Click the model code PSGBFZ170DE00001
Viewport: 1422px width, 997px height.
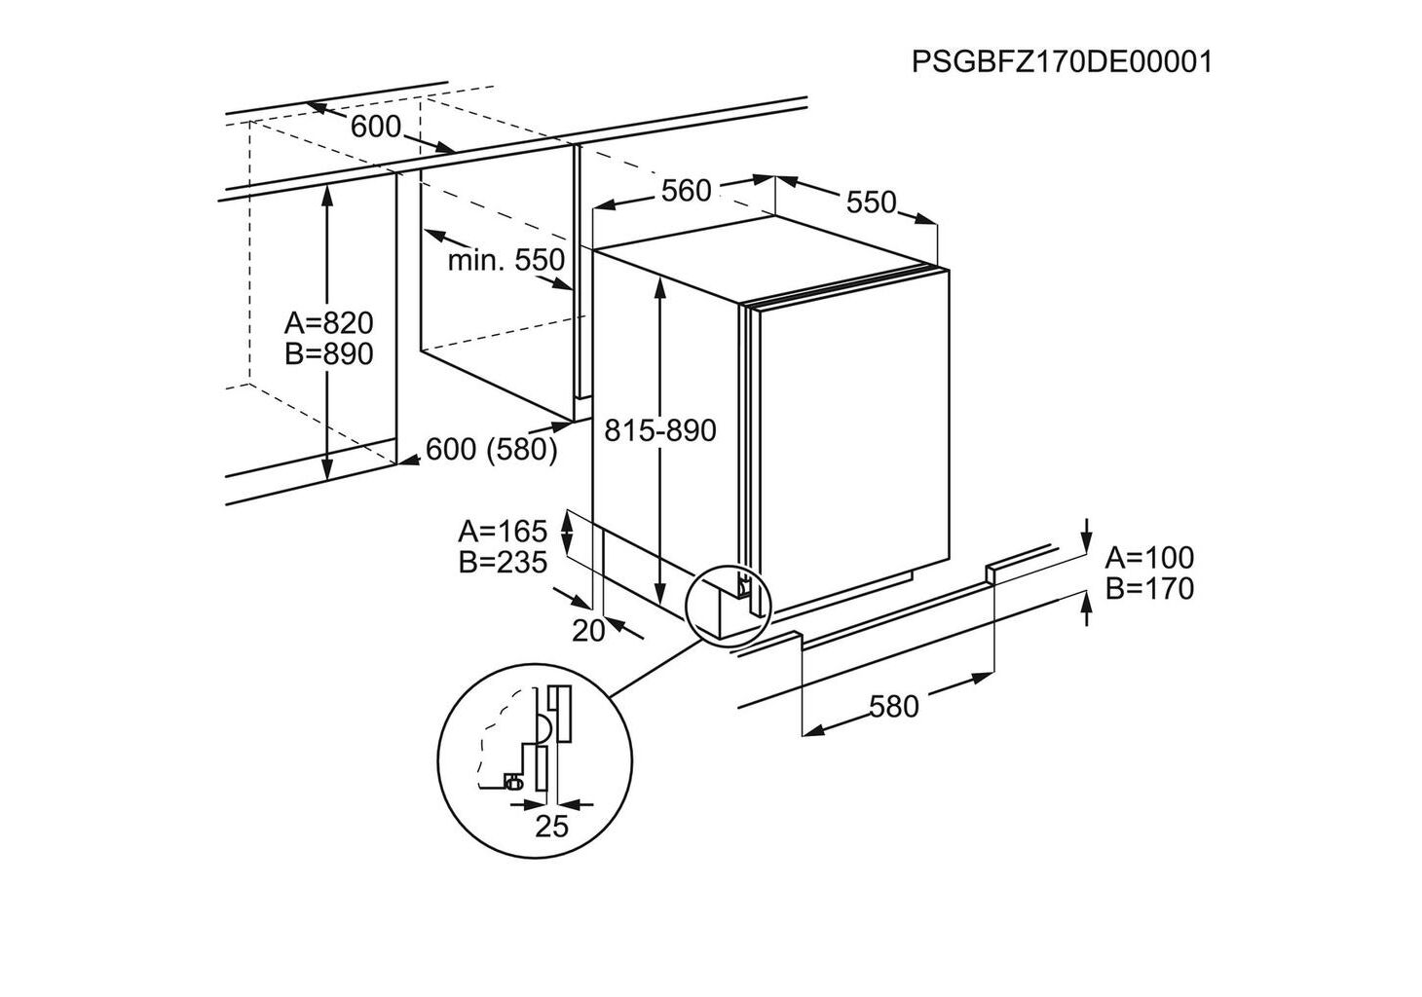click(x=1062, y=62)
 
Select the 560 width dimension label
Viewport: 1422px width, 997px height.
click(x=686, y=191)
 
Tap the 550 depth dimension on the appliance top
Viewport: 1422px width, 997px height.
click(x=870, y=202)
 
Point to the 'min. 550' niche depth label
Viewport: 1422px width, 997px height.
click(x=505, y=260)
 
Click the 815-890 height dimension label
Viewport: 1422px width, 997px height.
click(x=659, y=429)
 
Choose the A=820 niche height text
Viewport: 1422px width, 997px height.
click(x=328, y=322)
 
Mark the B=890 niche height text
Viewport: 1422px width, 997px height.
click(x=328, y=354)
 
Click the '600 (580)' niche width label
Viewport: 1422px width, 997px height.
click(x=491, y=449)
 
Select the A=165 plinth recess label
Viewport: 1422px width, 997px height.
click(x=503, y=532)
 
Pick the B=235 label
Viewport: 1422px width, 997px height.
click(x=503, y=562)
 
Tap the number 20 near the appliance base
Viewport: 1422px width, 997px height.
click(x=588, y=631)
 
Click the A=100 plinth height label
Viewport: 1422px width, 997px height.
click(x=1149, y=558)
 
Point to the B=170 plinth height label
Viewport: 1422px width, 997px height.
click(x=1149, y=588)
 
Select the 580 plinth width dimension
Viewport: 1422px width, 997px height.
click(x=893, y=706)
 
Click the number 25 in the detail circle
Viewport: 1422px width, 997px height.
click(x=551, y=827)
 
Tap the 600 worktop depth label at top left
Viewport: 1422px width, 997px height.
click(x=375, y=127)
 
